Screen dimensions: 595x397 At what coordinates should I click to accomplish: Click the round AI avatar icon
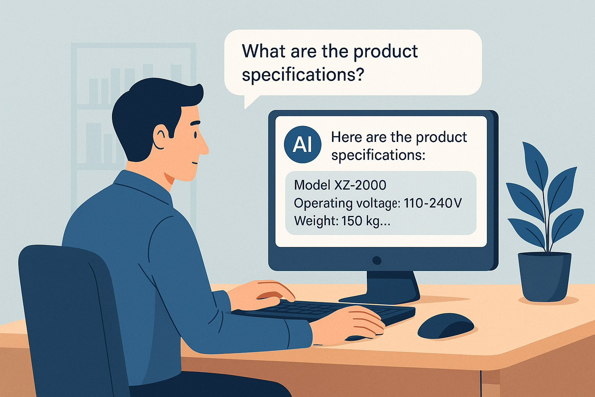pos(303,144)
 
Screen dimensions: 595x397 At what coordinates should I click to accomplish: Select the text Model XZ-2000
pos(340,185)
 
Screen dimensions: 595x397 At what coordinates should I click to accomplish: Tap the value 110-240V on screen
pos(433,203)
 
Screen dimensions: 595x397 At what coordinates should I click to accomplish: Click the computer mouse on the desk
pos(445,326)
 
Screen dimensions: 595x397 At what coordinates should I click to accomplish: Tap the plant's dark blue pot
pos(545,277)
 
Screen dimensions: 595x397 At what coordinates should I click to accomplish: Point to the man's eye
pos(196,135)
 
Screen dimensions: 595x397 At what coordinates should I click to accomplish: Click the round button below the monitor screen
pos(377,260)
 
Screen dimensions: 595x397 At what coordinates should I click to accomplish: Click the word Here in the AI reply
pos(347,137)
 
